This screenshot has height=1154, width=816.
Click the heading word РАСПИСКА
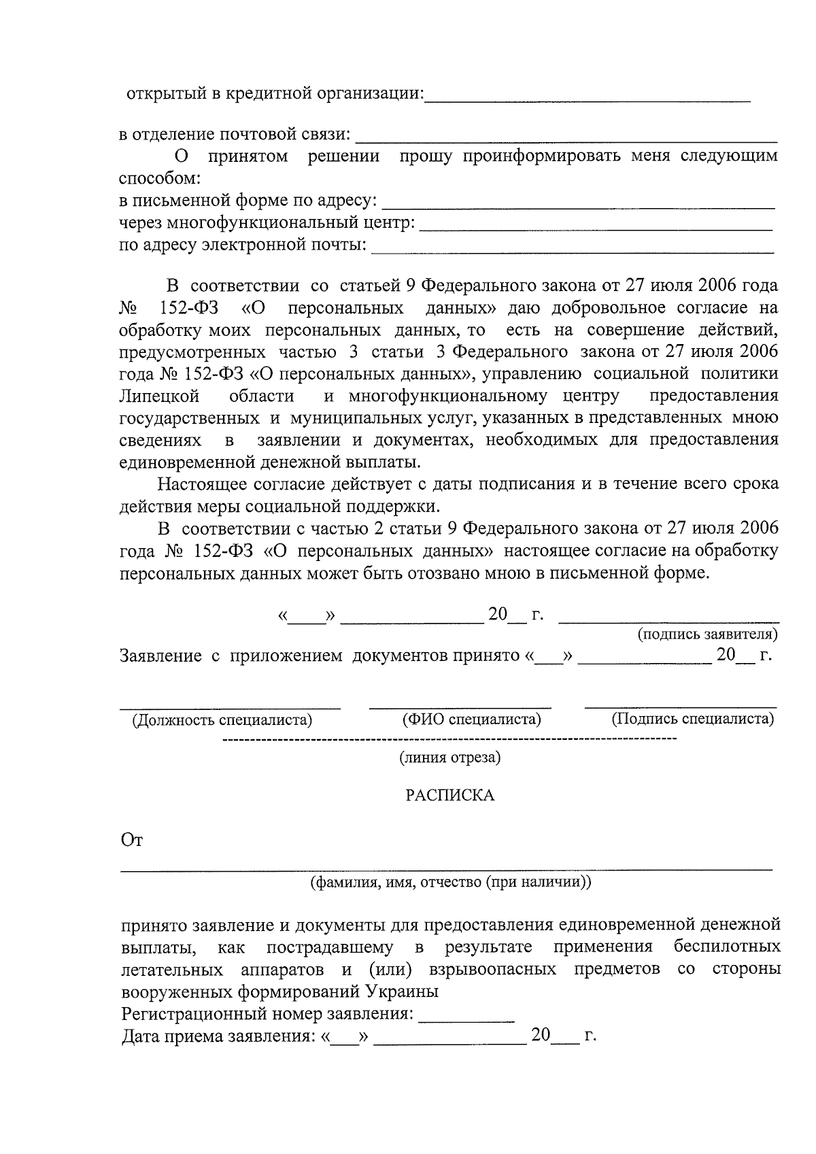(449, 795)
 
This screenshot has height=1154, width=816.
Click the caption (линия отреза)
(449, 758)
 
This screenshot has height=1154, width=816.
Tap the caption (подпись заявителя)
(707, 634)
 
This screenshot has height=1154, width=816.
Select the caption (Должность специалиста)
(222, 719)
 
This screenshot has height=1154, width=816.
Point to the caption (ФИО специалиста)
(471, 719)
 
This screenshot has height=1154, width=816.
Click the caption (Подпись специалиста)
(692, 719)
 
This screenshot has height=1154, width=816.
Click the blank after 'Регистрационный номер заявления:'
(466, 1020)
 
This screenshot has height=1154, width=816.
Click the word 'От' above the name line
(131, 841)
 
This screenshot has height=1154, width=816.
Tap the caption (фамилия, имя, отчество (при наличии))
(450, 883)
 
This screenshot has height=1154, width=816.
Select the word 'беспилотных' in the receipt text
(726, 947)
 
